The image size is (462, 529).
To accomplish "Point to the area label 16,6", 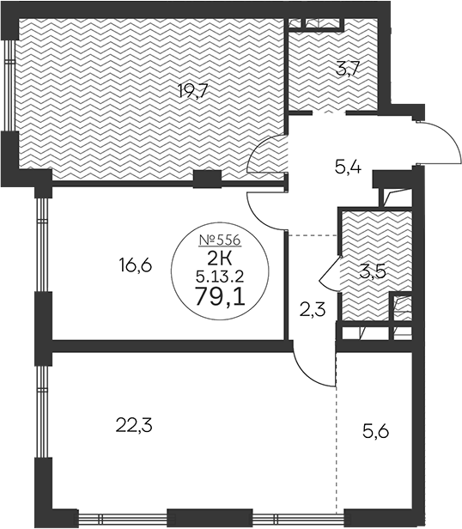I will click(136, 265).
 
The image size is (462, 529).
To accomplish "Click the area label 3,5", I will click(371, 274).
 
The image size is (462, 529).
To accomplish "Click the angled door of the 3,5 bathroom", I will click(328, 273).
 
